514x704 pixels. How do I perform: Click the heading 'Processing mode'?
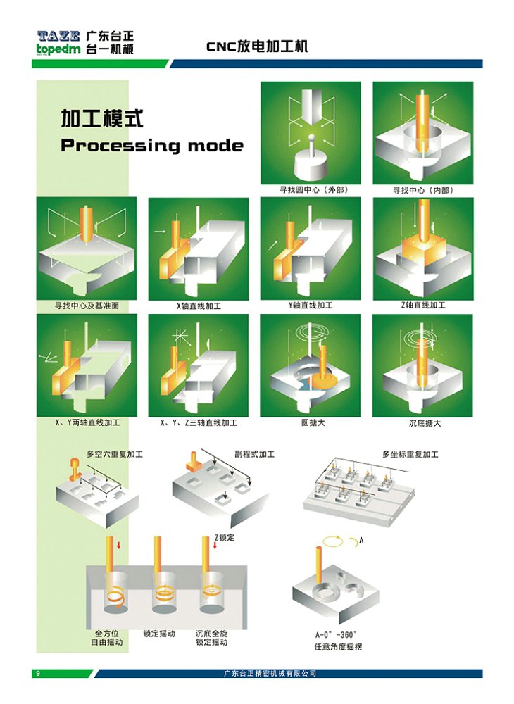(x=152, y=146)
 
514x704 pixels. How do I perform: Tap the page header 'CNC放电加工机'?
(x=257, y=46)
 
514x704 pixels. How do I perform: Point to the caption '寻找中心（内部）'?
(x=423, y=190)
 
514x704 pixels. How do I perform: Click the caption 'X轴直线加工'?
(x=199, y=306)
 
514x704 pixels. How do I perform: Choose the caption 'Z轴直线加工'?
(x=422, y=306)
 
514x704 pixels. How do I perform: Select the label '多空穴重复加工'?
(x=114, y=455)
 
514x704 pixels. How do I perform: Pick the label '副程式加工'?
(x=254, y=455)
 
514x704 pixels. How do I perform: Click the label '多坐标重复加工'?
(x=410, y=455)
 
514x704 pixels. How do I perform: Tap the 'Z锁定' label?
(x=224, y=537)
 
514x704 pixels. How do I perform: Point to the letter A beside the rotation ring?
(x=361, y=540)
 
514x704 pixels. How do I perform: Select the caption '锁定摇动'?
(x=159, y=633)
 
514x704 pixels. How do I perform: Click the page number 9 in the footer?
(x=38, y=674)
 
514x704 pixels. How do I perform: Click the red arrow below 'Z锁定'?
(x=215, y=546)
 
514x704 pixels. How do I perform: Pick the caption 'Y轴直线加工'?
(x=311, y=306)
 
